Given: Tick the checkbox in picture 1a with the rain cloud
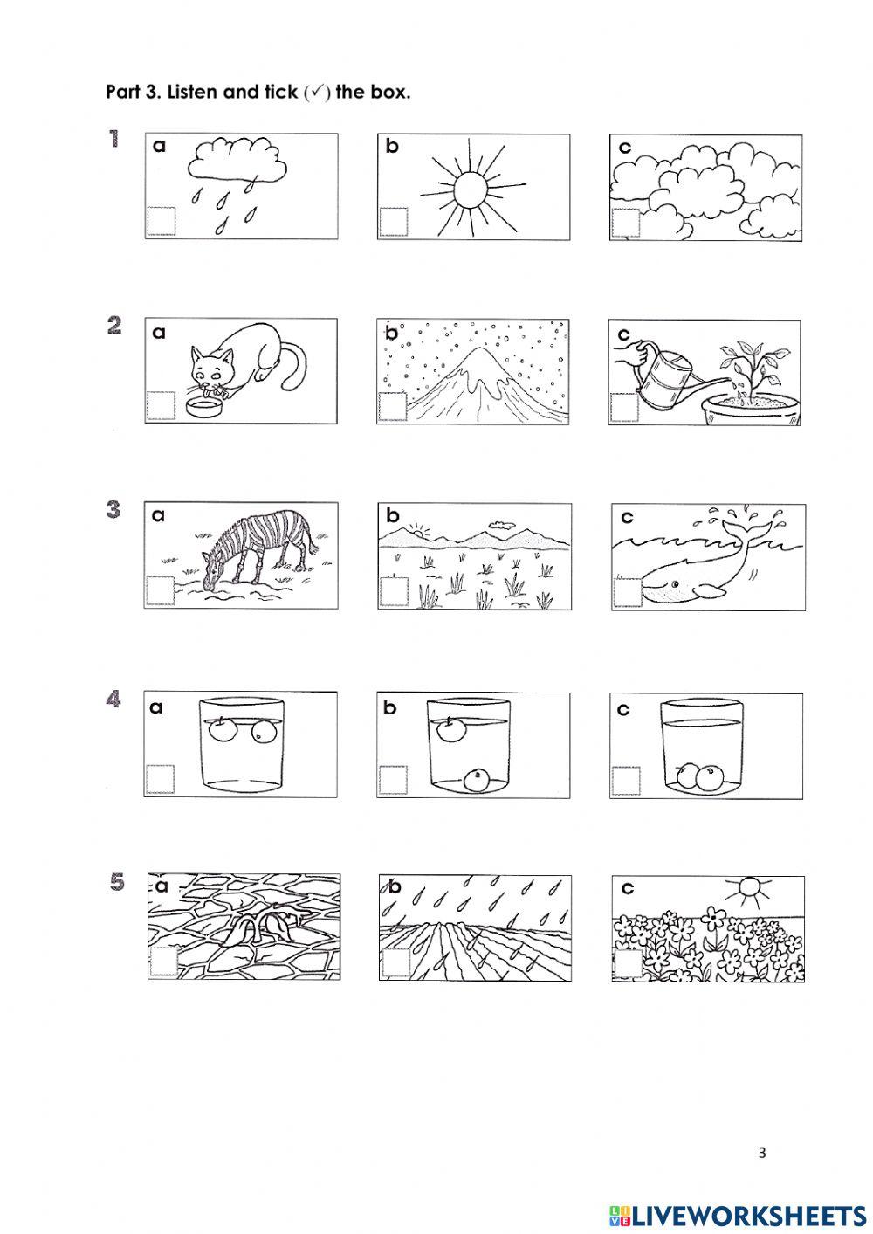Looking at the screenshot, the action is tap(162, 221).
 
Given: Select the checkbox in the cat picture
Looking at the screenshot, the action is tap(161, 405).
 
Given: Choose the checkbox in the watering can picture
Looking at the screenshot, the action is tap(624, 407).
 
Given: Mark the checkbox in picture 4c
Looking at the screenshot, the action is tap(626, 781).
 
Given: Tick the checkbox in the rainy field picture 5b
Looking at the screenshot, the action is tap(395, 962).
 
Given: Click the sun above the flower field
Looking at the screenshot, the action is tap(748, 886).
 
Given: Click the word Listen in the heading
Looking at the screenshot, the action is tap(193, 92).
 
